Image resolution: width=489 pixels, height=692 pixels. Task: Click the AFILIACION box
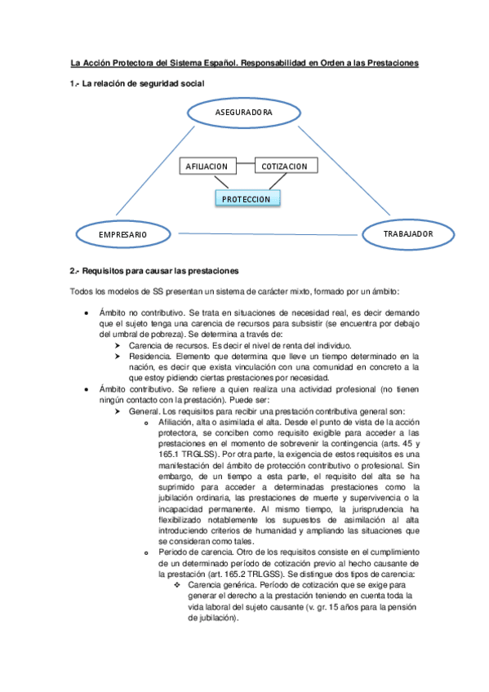[x=207, y=166]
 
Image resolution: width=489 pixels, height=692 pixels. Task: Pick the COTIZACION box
[x=285, y=166]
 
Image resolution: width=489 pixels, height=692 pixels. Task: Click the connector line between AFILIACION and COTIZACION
[x=246, y=166]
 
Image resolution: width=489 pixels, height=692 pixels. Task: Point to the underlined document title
[x=244, y=63]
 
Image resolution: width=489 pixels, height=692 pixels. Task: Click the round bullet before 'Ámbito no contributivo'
[x=87, y=313]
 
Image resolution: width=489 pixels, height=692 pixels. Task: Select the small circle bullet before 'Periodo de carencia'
[x=145, y=552]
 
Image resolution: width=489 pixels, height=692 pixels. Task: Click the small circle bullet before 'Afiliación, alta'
[x=145, y=423]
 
